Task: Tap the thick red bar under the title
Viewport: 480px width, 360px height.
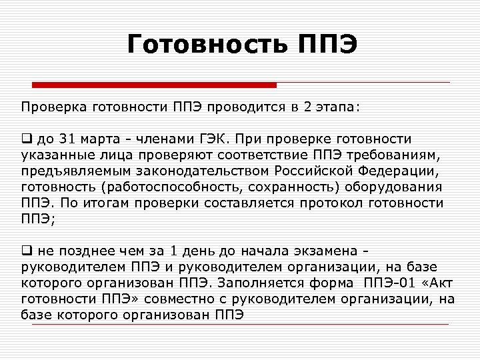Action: (x=155, y=85)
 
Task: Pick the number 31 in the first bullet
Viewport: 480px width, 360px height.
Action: (x=68, y=139)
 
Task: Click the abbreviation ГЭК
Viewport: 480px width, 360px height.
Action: (x=215, y=139)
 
